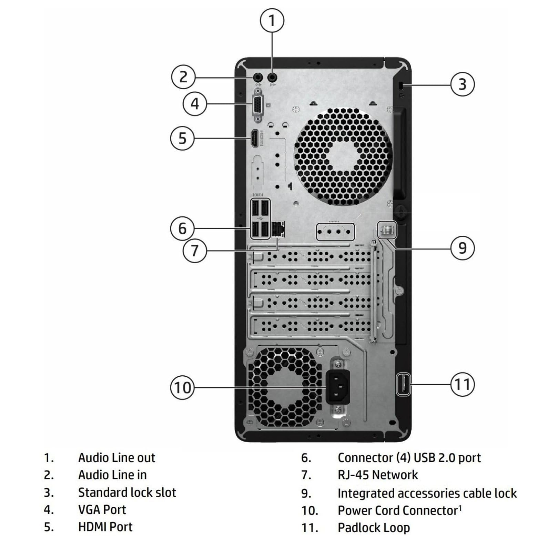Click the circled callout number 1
(272, 20)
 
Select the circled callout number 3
(463, 84)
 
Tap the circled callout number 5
(182, 139)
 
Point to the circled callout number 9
(463, 248)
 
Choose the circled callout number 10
(182, 387)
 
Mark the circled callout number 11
(463, 384)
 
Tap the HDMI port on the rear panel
(255, 139)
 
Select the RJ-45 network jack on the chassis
(278, 229)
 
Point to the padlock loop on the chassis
(403, 384)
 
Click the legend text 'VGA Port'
(102, 509)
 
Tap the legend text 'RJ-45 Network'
(377, 475)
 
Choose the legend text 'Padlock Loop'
(374, 527)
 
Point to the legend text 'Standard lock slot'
(127, 492)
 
